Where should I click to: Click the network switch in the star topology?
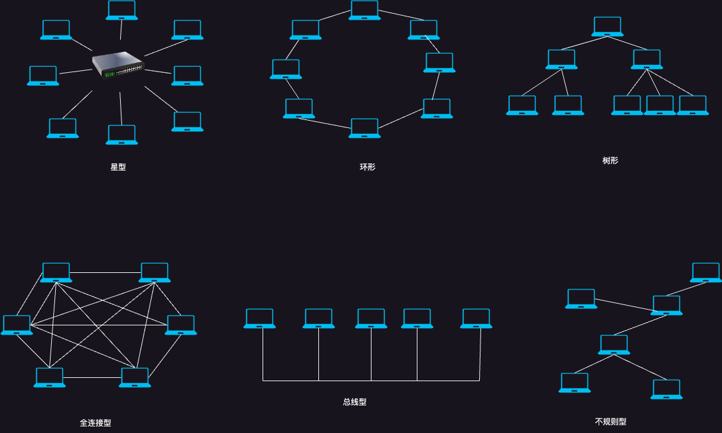coord(118,64)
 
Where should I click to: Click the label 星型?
coord(118,167)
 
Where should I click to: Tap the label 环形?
coord(368,167)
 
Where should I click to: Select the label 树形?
coord(610,161)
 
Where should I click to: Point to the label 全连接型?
coord(95,423)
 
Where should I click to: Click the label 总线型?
coord(354,402)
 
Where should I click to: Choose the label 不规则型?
coord(610,422)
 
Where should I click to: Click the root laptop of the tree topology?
coord(607,26)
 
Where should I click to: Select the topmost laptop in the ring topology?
coord(364,10)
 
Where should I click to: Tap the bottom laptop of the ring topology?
coord(364,128)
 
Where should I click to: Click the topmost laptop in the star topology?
coord(121,10)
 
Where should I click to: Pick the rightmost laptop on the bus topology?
coord(476,318)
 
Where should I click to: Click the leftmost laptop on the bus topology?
coord(259,318)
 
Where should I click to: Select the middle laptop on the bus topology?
coord(371,318)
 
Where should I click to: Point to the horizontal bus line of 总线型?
coord(371,381)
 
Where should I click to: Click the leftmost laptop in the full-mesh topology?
coord(16,325)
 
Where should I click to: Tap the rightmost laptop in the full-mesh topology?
coord(180,325)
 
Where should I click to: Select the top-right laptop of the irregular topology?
coord(706,272)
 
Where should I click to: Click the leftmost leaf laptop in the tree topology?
coord(522,105)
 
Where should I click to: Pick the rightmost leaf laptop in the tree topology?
coord(692,105)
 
